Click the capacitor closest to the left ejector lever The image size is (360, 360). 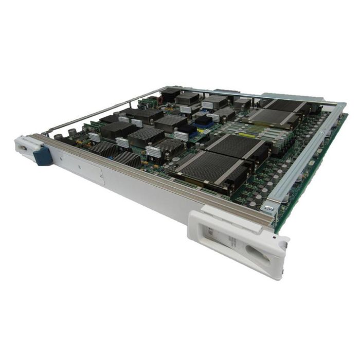59,137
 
